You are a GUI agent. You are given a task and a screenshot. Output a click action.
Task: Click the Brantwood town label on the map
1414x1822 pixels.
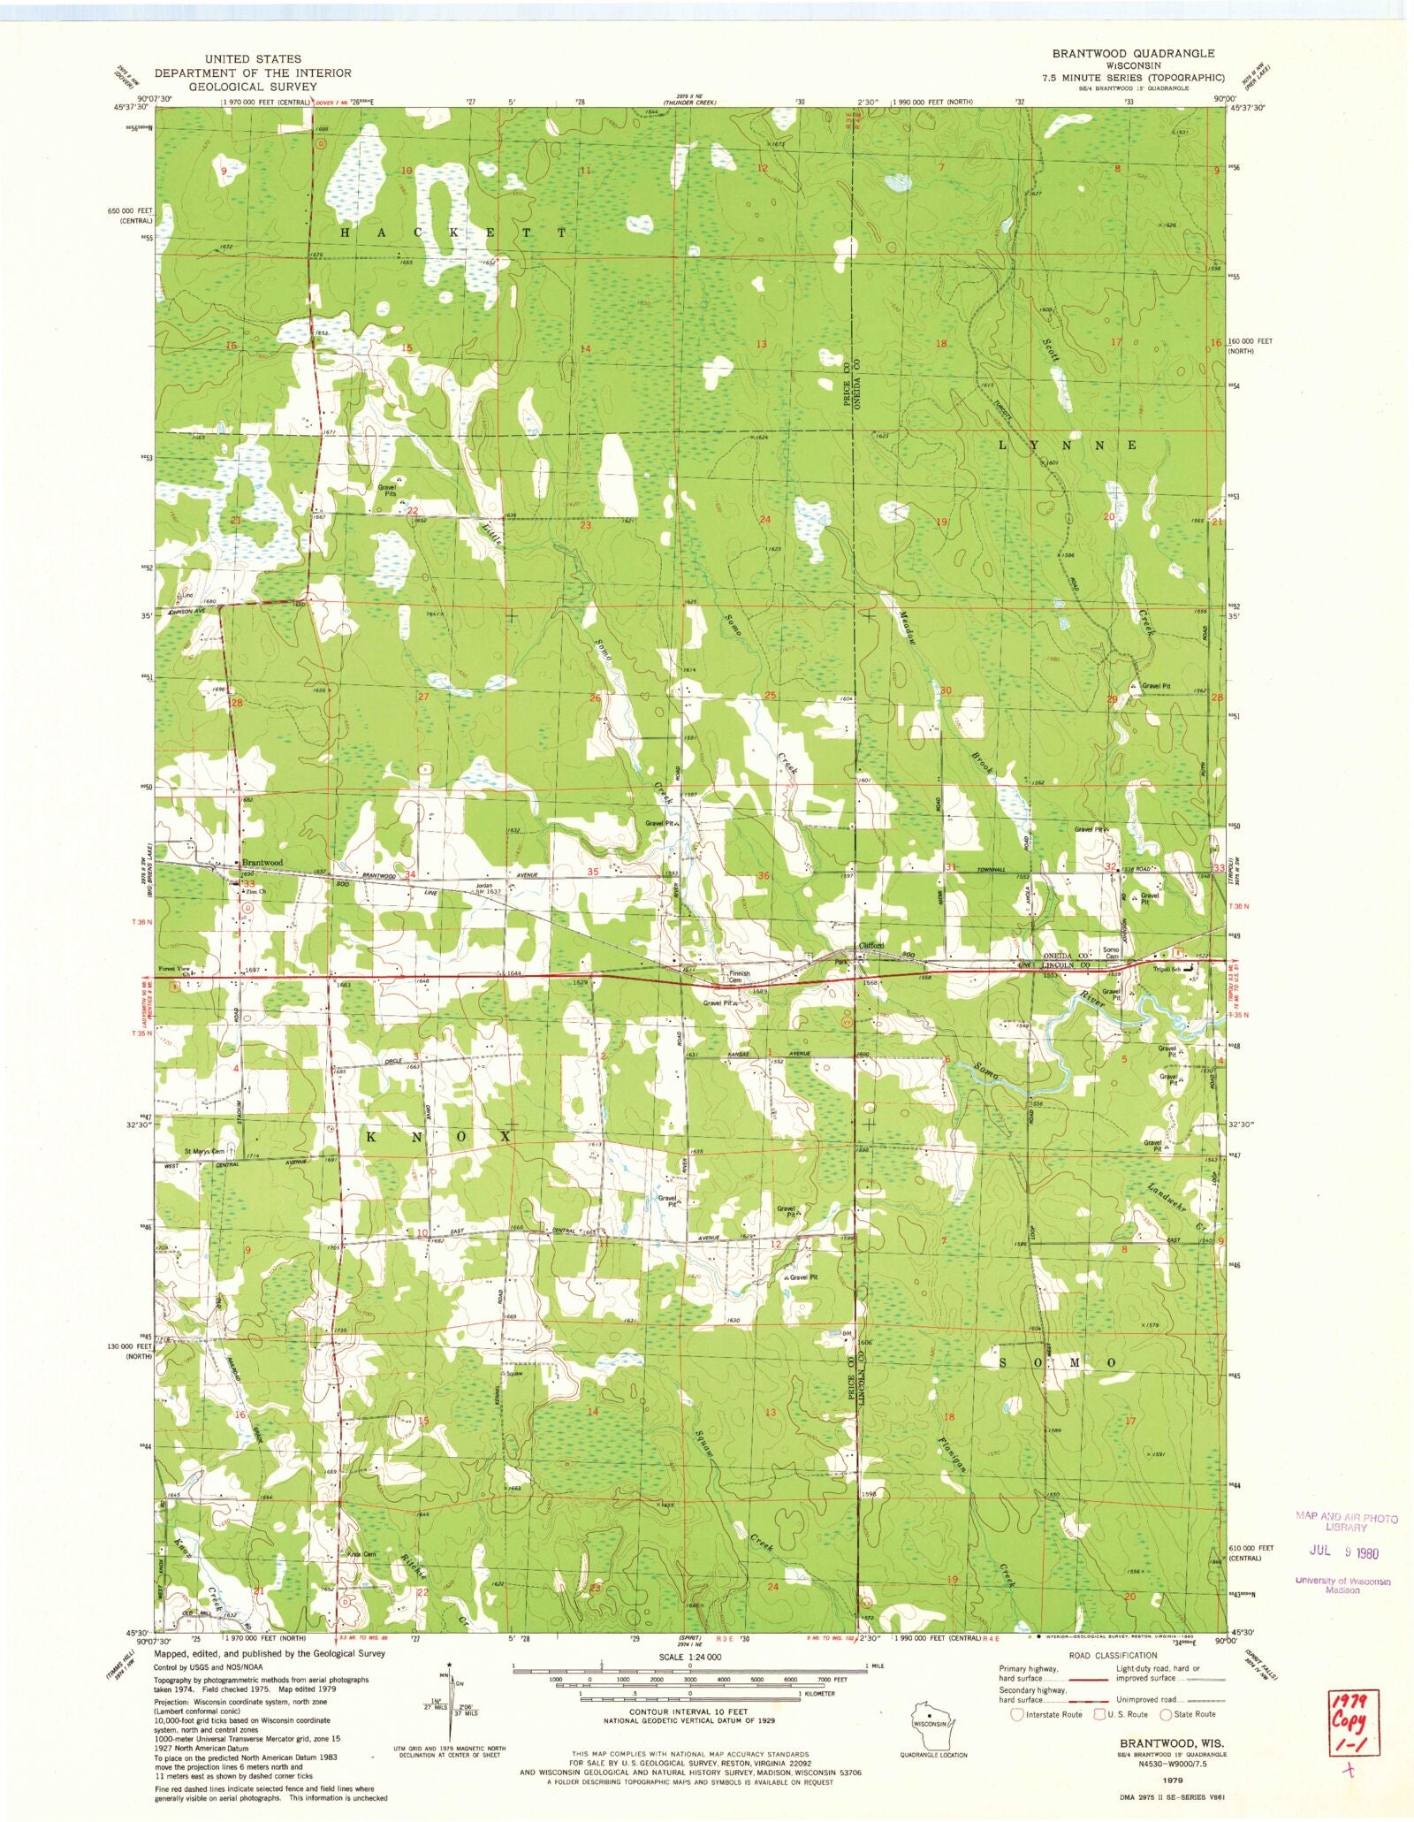click(262, 862)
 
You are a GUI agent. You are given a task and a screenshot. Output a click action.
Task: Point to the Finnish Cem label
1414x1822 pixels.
click(739, 976)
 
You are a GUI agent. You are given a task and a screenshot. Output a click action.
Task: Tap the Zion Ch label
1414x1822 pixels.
click(255, 892)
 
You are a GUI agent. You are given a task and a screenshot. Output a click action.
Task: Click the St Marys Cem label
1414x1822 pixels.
click(204, 1151)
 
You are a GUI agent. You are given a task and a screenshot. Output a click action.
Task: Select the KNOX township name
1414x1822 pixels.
click(437, 1136)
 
